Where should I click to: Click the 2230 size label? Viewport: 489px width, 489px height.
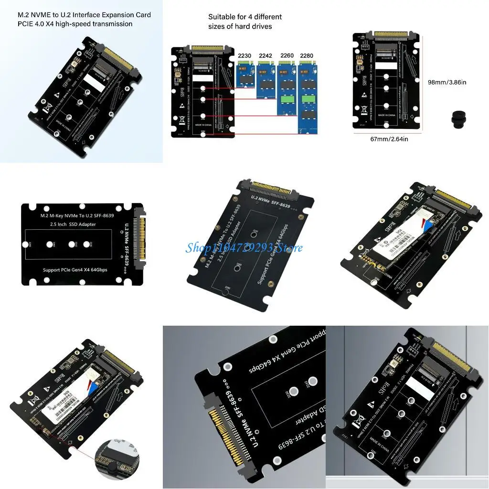pyautogui.click(x=244, y=56)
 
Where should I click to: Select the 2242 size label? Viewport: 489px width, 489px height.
pyautogui.click(x=266, y=56)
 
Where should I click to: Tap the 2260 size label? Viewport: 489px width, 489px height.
pyautogui.click(x=287, y=56)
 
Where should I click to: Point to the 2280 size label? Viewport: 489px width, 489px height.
pyautogui.click(x=307, y=56)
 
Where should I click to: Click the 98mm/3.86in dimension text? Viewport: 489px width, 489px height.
pyautogui.click(x=447, y=82)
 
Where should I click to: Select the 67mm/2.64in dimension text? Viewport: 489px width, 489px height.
pyautogui.click(x=387, y=139)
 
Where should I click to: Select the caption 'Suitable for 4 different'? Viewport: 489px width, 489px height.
pyautogui.click(x=245, y=17)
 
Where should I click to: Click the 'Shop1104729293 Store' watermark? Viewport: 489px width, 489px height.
pyautogui.click(x=244, y=248)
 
